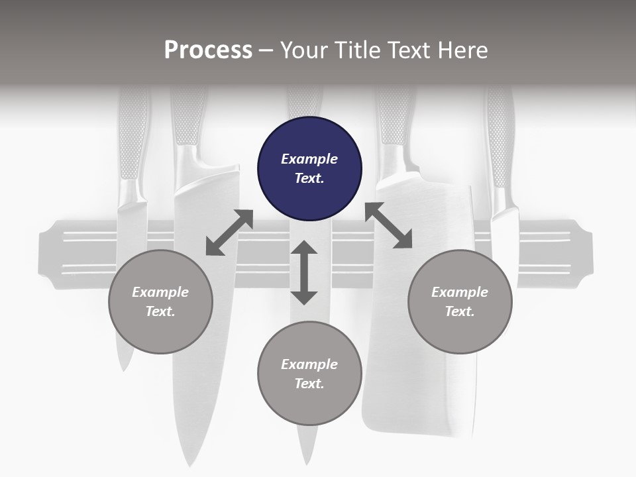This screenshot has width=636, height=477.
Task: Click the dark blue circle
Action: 309,169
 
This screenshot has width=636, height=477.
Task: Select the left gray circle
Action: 160,302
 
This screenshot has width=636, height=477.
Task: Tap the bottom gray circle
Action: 309,374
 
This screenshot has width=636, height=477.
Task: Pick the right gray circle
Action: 460,302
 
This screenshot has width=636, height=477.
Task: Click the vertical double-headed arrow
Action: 304,272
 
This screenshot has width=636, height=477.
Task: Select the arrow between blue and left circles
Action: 230,233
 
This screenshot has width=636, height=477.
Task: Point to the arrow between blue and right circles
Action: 389,225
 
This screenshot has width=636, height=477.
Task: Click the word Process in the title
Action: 209,50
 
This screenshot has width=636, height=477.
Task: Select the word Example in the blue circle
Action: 309,159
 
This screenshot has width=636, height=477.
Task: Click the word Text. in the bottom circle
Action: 309,384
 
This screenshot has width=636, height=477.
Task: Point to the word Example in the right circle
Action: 460,292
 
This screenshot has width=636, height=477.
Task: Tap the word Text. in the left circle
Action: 160,311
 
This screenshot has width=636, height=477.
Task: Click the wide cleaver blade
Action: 418,308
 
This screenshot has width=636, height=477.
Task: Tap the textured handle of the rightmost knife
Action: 501,137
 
